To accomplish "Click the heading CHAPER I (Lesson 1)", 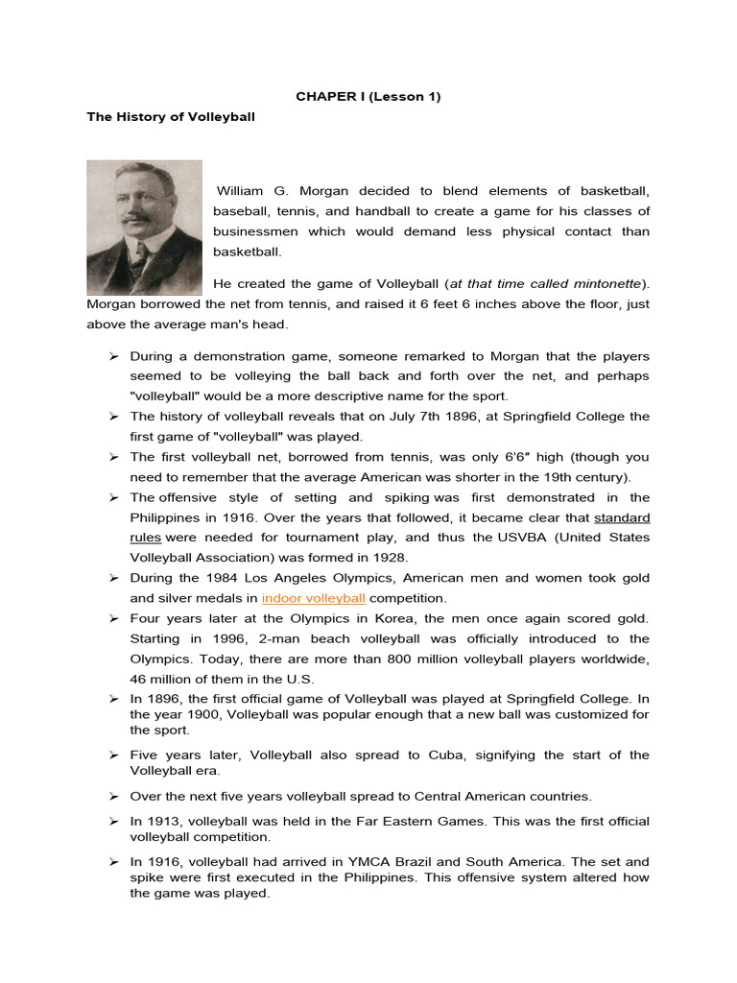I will click(x=368, y=97).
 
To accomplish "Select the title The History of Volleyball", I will click(x=172, y=117).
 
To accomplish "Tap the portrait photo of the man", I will click(x=144, y=228).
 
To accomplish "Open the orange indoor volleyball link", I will click(x=313, y=597).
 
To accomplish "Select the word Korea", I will click(x=391, y=618).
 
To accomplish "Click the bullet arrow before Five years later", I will click(x=112, y=755).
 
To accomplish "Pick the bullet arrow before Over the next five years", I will click(x=112, y=796).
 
